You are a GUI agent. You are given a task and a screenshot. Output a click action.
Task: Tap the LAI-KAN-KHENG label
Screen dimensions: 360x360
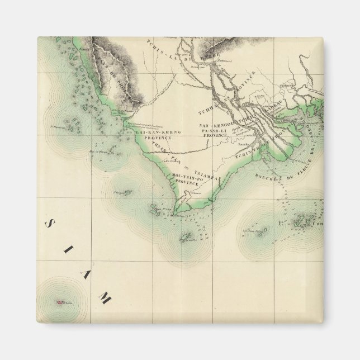click(158, 132)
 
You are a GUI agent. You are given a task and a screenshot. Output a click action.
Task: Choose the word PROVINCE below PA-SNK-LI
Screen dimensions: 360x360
click(213, 136)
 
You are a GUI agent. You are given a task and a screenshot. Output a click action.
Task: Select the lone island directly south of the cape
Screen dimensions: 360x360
click(186, 239)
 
